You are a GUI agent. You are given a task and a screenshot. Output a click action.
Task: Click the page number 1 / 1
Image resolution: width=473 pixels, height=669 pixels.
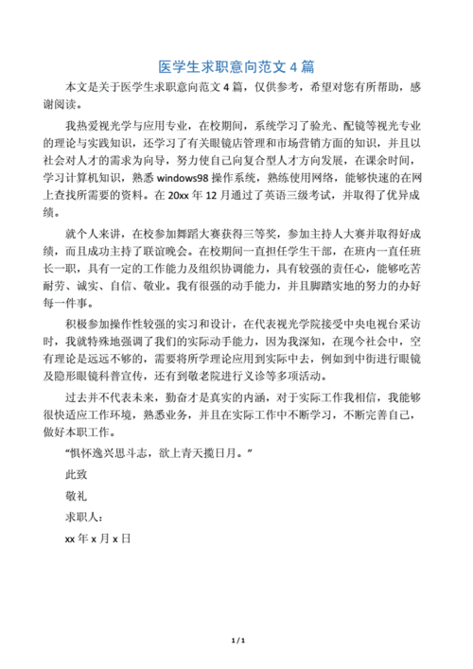click(x=236, y=641)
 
